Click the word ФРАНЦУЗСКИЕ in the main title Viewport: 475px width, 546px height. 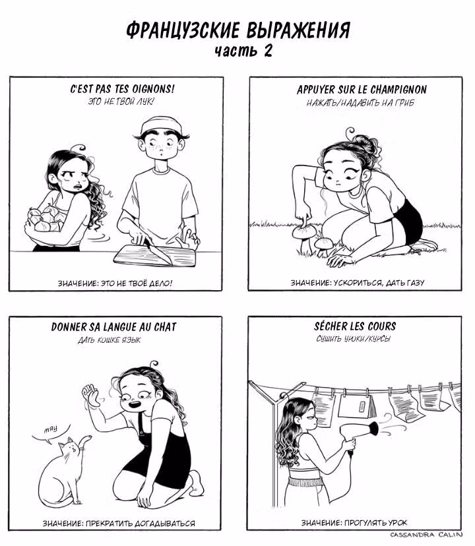(183, 30)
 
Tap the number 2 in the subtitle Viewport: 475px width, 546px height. (268, 51)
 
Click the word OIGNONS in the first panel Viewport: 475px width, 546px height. (152, 89)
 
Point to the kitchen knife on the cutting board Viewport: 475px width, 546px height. (158, 251)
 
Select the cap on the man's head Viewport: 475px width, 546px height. (162, 126)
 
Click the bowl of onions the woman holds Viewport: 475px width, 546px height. (44, 220)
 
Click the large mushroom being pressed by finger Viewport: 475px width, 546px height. (305, 233)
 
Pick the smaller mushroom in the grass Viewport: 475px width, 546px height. (324, 243)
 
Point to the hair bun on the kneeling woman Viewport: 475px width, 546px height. (365, 144)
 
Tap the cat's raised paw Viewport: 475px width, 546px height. (84, 440)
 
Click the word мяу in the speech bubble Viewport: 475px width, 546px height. (51, 429)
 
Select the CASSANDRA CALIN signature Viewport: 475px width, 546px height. (426, 535)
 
